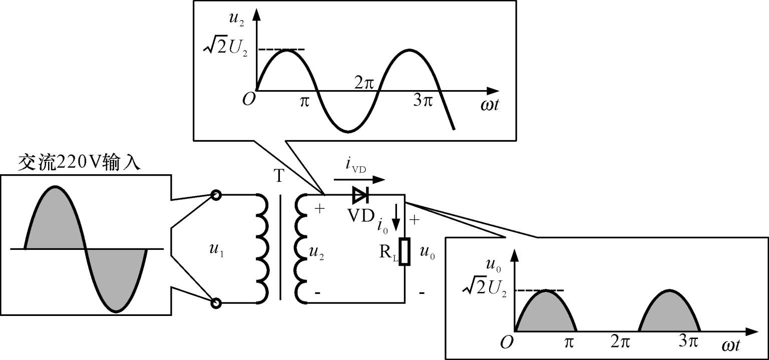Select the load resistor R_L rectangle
405,251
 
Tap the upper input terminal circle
216,195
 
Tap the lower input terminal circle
216,303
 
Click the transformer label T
279,176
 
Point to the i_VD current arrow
359,179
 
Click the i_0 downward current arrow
396,217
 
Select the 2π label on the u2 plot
364,83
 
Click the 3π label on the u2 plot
423,101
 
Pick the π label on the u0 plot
569,342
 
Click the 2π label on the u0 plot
620,342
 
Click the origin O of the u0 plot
507,342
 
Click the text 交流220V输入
79,163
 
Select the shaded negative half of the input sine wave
116,280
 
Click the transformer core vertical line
280,247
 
